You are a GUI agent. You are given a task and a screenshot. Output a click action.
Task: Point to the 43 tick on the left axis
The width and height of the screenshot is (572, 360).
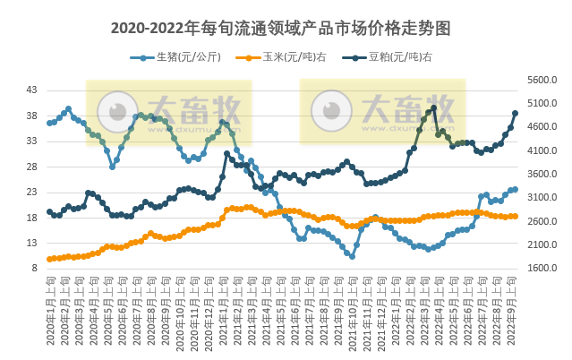31,90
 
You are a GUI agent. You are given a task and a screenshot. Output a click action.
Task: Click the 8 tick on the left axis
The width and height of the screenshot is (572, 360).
34,268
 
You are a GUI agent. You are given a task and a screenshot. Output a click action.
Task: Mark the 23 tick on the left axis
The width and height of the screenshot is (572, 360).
31,192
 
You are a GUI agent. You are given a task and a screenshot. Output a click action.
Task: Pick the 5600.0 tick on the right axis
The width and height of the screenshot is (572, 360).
542,80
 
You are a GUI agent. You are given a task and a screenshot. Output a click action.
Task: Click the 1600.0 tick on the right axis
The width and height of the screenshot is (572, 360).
542,268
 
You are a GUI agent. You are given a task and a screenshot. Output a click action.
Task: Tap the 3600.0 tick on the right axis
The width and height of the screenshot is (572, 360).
542,174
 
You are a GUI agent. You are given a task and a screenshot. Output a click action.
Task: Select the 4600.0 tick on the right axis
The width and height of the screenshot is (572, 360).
542,127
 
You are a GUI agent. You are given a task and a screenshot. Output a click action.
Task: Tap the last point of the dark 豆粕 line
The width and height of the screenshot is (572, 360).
516,113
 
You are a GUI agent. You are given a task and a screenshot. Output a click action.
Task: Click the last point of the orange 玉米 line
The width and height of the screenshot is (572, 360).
516,216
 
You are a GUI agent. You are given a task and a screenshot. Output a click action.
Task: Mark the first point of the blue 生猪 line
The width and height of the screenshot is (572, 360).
49,122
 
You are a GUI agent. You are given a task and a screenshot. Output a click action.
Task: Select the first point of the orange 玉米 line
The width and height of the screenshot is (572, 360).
49,260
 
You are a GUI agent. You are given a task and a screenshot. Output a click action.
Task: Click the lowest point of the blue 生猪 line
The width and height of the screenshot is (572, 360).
352,257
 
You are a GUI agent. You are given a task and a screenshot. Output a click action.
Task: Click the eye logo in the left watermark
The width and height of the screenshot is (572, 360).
117,111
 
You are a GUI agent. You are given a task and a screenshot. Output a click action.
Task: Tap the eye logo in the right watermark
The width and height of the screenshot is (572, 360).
331,111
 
